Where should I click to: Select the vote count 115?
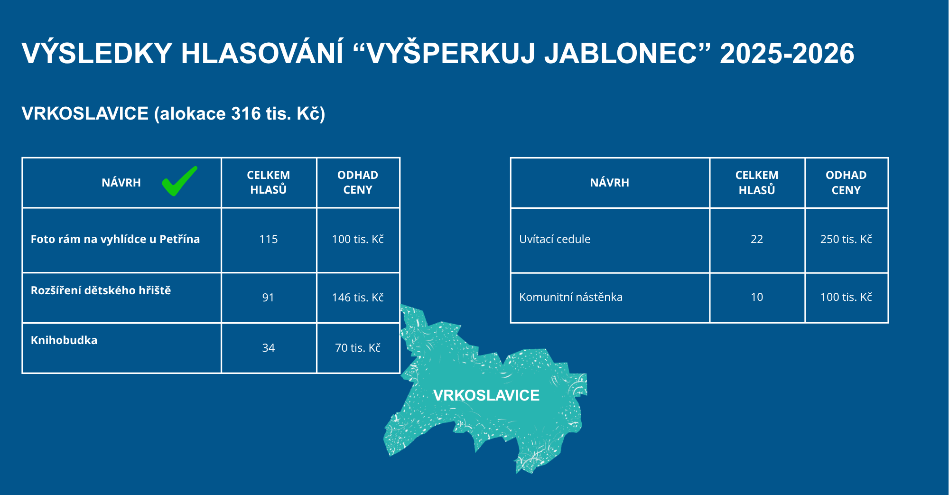tap(269, 239)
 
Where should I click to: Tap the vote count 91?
tap(268, 298)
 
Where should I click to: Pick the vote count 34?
tap(269, 348)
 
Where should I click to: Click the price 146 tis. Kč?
tap(358, 298)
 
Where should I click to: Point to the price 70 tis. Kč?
tap(358, 348)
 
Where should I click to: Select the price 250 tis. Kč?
tap(846, 239)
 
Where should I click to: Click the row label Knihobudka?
tap(64, 340)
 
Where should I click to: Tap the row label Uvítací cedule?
tap(555, 239)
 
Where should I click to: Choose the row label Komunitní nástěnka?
tap(571, 297)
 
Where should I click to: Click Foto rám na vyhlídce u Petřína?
tap(115, 239)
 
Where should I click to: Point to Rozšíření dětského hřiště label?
tap(101, 290)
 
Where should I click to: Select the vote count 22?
tap(757, 239)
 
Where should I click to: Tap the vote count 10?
tap(757, 297)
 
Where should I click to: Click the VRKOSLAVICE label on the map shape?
tap(486, 395)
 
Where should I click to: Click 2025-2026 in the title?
tap(787, 53)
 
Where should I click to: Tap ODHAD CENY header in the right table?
tap(846, 183)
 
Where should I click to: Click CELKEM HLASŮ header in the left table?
tap(269, 182)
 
